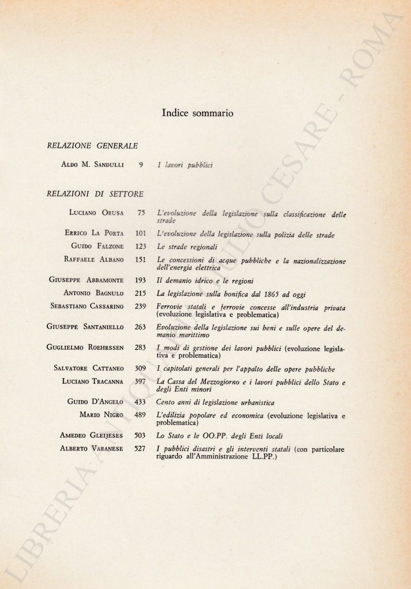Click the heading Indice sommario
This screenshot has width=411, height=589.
coord(197,113)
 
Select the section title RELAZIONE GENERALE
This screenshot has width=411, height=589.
coord(93,145)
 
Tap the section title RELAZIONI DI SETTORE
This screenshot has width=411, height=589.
coord(96,194)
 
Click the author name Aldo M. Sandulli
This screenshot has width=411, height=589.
coord(93,165)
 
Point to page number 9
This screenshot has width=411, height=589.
coord(142,165)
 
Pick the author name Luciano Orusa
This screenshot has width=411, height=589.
coord(96,212)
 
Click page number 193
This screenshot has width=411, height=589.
coord(140,281)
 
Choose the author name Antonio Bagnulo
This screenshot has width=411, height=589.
coord(93,293)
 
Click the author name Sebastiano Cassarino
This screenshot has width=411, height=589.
coord(87,306)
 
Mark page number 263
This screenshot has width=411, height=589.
coord(140,327)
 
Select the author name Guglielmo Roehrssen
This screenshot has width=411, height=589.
coord(86,347)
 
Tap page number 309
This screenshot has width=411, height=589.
coord(140,369)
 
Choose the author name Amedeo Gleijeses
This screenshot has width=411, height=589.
coord(92,436)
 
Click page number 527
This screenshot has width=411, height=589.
coord(140,448)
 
